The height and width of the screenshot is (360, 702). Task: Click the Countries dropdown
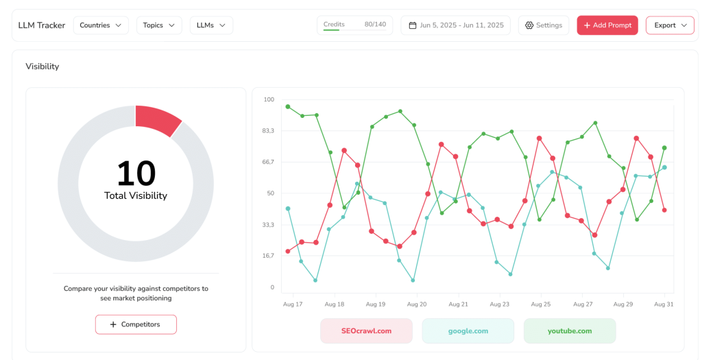101,25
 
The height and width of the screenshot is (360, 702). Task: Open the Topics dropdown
159,25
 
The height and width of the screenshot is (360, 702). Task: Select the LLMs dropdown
211,25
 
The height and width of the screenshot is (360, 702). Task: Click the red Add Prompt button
607,25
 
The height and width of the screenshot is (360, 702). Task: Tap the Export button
669,25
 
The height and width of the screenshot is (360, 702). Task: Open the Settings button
543,25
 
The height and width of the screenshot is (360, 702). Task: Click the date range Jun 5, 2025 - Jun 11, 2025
455,25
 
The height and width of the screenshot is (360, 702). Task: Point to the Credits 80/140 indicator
354,25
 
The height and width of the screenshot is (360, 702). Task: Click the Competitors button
136,324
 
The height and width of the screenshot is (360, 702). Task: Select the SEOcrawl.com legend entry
366,331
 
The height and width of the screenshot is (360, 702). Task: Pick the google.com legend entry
468,331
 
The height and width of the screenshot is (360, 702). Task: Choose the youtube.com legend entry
569,331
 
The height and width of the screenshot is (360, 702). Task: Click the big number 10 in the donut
136,173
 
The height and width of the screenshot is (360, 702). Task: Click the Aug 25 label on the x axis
541,304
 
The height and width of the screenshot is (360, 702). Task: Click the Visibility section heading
43,67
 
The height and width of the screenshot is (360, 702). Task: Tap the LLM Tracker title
42,25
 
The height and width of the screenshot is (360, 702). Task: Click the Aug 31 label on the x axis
663,304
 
